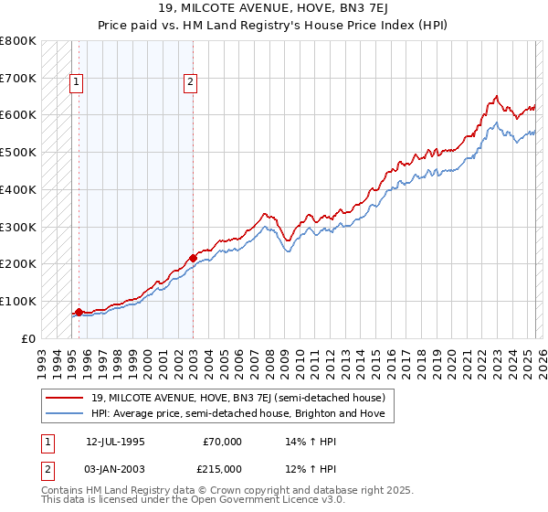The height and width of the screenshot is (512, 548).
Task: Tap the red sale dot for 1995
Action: coord(79,312)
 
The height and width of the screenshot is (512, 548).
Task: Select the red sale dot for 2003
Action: coord(193,258)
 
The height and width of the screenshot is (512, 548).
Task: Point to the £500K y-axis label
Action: coord(18,152)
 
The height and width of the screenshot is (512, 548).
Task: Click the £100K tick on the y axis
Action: coord(18,301)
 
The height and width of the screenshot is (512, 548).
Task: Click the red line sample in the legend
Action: coord(65,398)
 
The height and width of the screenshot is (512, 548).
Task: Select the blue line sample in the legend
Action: coord(65,414)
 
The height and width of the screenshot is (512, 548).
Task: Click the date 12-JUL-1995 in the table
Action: coord(115,442)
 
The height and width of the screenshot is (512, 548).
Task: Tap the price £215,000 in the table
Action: coord(223,468)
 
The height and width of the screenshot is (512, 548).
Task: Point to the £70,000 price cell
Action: coord(223,442)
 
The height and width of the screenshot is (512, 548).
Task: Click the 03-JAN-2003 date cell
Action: coord(116,468)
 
